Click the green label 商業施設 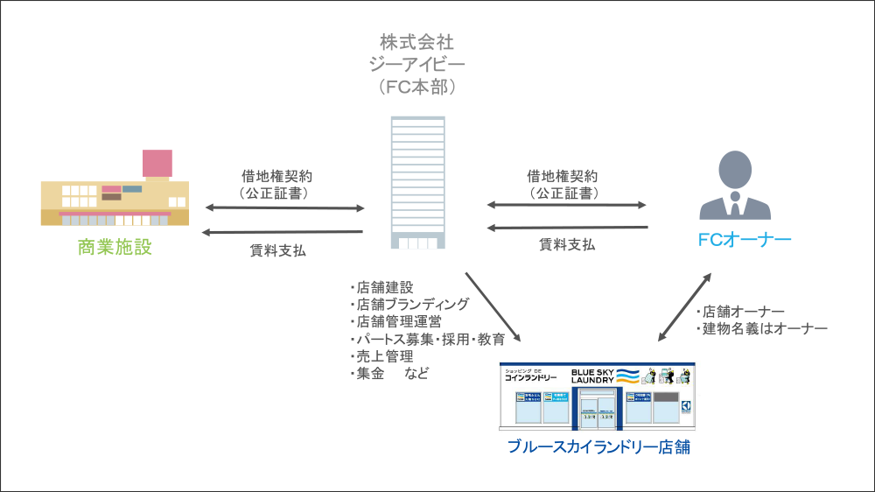pyautogui.click(x=115, y=247)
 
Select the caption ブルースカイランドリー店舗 pyautogui.click(x=599, y=447)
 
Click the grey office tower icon pyautogui.click(x=417, y=184)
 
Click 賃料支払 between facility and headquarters pyautogui.click(x=277, y=251)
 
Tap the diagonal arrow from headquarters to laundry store pyautogui.click(x=493, y=307)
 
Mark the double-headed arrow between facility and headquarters pyautogui.click(x=283, y=208)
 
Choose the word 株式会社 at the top pyautogui.click(x=417, y=41)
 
